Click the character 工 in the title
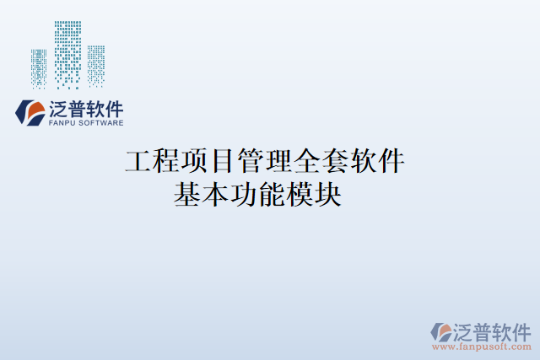click(x=138, y=159)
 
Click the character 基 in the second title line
click(x=187, y=195)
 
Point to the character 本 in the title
click(x=215, y=195)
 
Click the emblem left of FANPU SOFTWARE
click(x=31, y=112)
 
